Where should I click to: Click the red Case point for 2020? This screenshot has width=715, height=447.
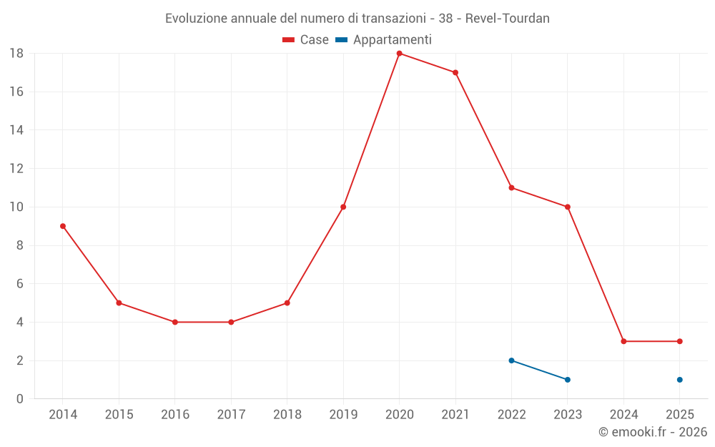pyautogui.click(x=399, y=54)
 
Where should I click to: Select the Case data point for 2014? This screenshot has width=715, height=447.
pyautogui.click(x=63, y=226)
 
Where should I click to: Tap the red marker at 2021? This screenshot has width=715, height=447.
pyautogui.click(x=455, y=72)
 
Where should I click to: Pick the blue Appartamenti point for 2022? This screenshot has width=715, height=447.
pyautogui.click(x=511, y=360)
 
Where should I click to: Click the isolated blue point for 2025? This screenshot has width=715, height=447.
pyautogui.click(x=679, y=380)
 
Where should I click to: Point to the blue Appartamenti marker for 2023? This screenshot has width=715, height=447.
pyautogui.click(x=568, y=380)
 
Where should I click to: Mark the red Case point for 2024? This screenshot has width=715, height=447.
pyautogui.click(x=623, y=341)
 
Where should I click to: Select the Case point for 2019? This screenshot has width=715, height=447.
pyautogui.click(x=343, y=207)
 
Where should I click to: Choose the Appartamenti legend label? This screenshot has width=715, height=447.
pyautogui.click(x=392, y=40)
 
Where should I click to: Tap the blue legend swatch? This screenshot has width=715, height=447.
pyautogui.click(x=341, y=40)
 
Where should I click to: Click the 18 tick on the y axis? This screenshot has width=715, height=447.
pyautogui.click(x=16, y=54)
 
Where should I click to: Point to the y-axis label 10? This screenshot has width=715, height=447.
pyautogui.click(x=16, y=207)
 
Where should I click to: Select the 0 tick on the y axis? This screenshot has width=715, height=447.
pyautogui.click(x=20, y=399)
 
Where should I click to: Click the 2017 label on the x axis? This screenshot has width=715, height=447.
pyautogui.click(x=231, y=415)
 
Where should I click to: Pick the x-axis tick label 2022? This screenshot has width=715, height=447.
pyautogui.click(x=511, y=415)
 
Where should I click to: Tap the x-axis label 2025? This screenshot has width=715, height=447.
pyautogui.click(x=679, y=415)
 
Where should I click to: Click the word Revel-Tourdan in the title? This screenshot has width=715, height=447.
pyautogui.click(x=507, y=19)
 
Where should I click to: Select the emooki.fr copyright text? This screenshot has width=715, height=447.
pyautogui.click(x=652, y=432)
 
